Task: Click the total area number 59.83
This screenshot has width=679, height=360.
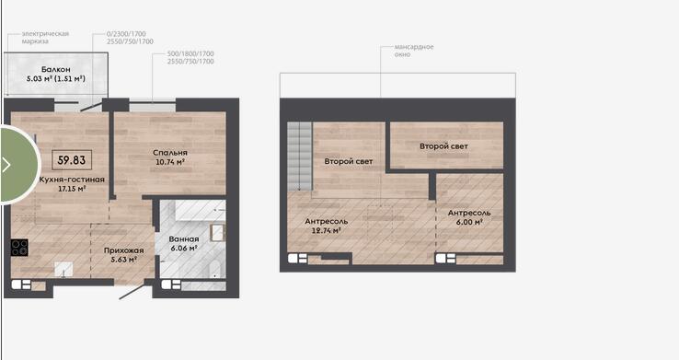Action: [x=72, y=160]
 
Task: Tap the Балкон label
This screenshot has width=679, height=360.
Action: [x=56, y=69]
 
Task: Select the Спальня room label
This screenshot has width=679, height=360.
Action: [x=170, y=153]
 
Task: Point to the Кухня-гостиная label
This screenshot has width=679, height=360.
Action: [x=72, y=180]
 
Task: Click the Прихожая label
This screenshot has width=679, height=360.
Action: [x=124, y=250]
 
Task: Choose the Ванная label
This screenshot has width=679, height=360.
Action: [x=184, y=238]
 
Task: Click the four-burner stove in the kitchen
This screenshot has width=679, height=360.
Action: [x=19, y=248]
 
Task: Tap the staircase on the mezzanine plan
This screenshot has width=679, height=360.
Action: [x=300, y=156]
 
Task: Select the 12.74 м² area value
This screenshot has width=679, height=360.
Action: [x=326, y=230]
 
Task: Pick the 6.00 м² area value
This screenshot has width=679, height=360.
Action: [x=469, y=222]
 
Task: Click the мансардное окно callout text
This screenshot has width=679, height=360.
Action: [x=414, y=51]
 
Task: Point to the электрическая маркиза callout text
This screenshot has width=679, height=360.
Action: [x=45, y=37]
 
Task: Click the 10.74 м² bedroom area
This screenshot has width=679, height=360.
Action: [x=170, y=162]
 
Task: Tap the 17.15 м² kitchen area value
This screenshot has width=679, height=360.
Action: [x=72, y=189]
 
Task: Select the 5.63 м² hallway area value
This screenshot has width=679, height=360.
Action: [x=124, y=260]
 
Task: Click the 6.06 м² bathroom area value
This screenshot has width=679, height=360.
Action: [x=184, y=249]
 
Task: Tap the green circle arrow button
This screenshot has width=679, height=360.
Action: [x=17, y=165]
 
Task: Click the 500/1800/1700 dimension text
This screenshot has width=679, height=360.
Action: [x=190, y=53]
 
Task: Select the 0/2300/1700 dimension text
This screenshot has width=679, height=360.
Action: [x=126, y=34]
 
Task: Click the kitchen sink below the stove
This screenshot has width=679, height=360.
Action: [x=63, y=269]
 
